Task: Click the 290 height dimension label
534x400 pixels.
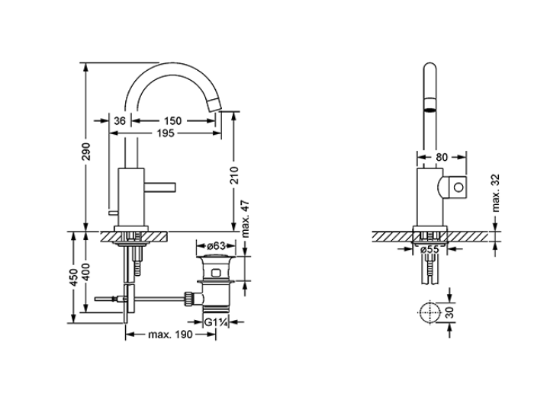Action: [x=86, y=152]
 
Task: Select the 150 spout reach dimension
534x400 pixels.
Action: [x=173, y=120]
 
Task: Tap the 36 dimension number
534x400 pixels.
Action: [x=120, y=120]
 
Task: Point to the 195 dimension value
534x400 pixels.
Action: [x=166, y=133]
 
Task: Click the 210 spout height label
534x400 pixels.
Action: [x=234, y=175]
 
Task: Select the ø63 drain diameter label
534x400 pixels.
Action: [x=216, y=245]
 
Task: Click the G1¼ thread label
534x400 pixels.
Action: [x=216, y=322]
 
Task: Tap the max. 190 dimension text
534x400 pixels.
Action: [x=170, y=334]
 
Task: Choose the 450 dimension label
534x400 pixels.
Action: [x=73, y=277]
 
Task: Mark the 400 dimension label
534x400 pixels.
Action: [x=86, y=272]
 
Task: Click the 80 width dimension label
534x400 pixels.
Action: [x=442, y=157]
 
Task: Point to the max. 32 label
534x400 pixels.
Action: [x=496, y=193]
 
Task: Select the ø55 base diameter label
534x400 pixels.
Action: [x=429, y=249]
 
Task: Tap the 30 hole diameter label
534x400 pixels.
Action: [x=450, y=312]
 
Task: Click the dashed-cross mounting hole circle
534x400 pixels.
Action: [x=429, y=312]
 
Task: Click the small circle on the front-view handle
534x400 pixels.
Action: [x=458, y=187]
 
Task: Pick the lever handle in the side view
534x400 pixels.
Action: [x=159, y=187]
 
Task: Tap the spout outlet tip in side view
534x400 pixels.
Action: [x=214, y=104]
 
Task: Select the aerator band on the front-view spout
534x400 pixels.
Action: [x=429, y=105]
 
